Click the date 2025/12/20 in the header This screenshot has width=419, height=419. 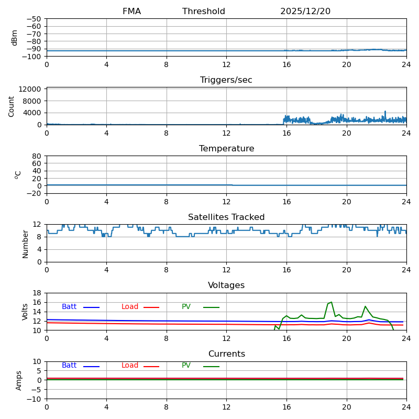coord(305,12)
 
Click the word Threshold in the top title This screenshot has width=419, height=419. coord(204,12)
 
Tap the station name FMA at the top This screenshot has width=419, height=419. coord(131,12)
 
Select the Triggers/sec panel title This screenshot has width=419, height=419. coord(226,80)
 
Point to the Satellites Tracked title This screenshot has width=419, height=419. coord(226,217)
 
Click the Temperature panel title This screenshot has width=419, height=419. coord(226,149)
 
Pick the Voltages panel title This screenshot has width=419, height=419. coord(226,285)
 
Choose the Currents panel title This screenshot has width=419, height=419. coord(226,354)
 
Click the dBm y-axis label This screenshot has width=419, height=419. coord(15,37)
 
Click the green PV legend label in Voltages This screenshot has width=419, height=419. coord(186,307)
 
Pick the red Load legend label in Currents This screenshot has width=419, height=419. coord(130,366)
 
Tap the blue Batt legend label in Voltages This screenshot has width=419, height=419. coord(69,307)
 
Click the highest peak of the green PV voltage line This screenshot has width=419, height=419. coord(331,302)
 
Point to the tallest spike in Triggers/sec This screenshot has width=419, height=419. coord(385,112)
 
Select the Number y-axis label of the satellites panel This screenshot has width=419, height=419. coord(26,244)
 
